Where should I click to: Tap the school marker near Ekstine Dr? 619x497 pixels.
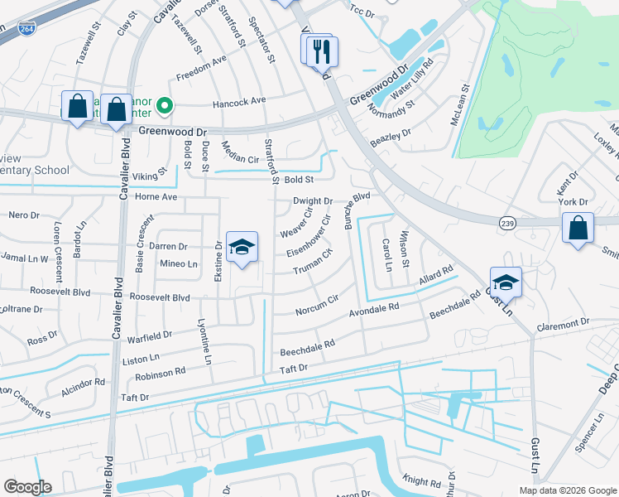(242, 247)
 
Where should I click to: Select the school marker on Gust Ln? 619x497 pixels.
(506, 282)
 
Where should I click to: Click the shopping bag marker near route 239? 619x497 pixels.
(578, 228)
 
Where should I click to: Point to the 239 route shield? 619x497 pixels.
(507, 222)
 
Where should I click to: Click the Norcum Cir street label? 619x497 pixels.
(316, 306)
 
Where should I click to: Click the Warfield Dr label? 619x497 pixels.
(150, 336)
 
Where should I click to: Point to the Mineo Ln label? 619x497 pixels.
(179, 264)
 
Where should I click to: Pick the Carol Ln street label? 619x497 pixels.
(386, 255)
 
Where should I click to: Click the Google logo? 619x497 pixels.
(27, 487)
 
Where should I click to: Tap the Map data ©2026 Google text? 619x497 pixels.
(568, 490)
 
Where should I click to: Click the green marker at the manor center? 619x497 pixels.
(165, 105)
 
